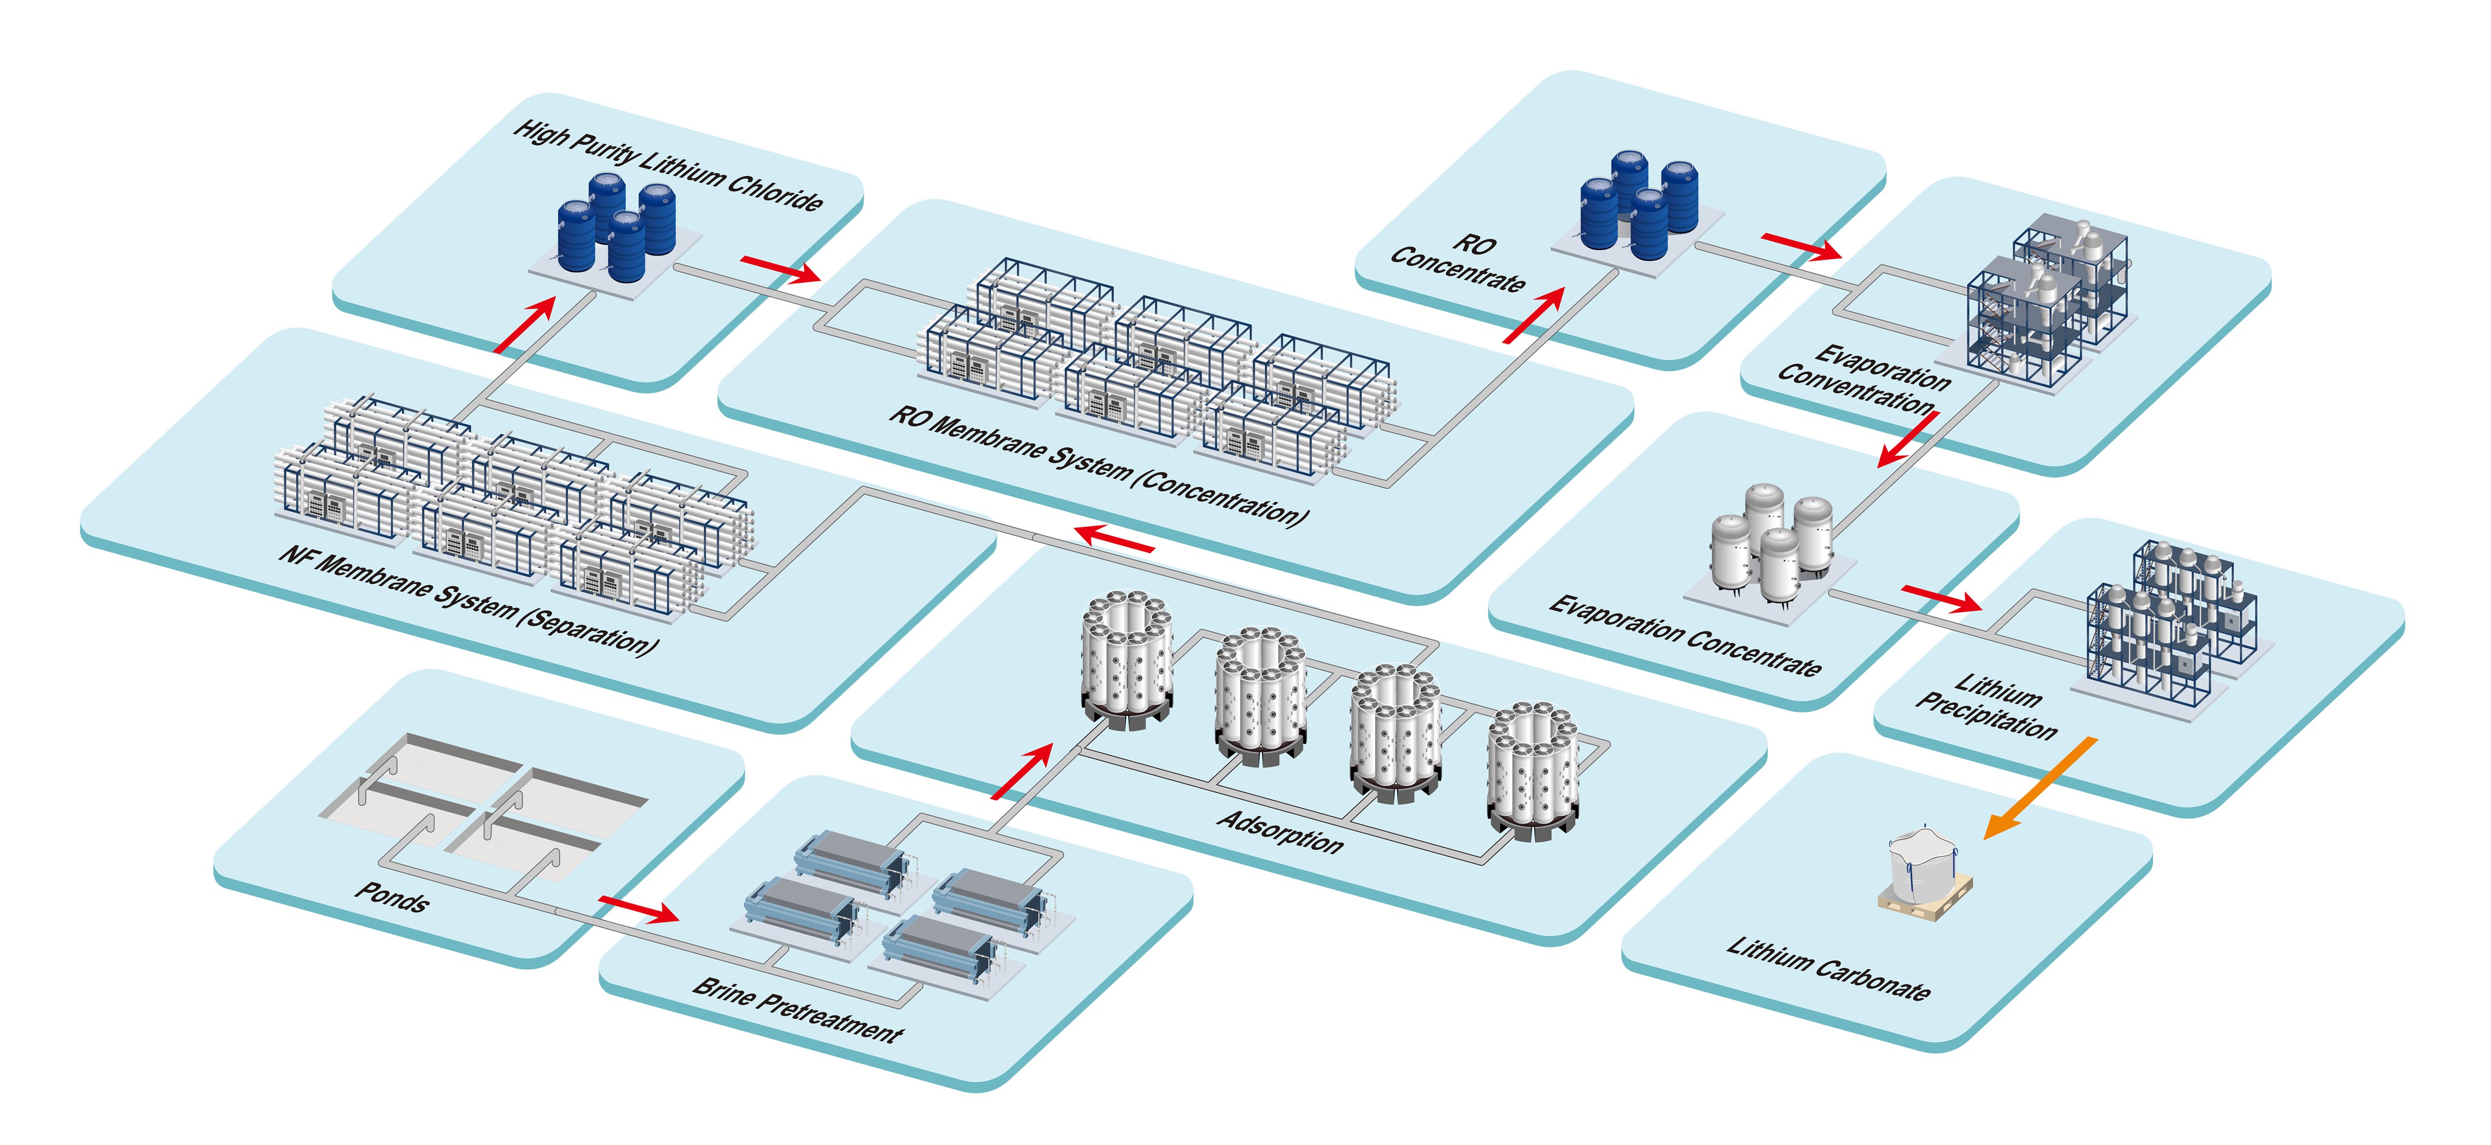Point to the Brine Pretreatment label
[798, 1009]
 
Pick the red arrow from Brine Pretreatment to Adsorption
[1022, 771]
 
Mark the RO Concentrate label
[1460, 263]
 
